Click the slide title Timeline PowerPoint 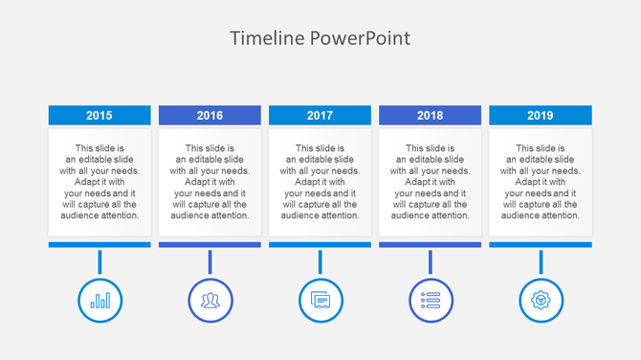320,38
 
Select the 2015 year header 99,115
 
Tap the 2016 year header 210,115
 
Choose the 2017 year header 320,115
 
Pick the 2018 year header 430,115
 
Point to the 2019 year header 540,115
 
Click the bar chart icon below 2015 99,300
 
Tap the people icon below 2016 210,300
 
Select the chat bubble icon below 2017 320,300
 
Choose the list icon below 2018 430,300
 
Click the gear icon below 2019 541,300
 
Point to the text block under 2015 99,182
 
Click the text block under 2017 320,182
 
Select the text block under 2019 540,182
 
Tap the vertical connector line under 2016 210,261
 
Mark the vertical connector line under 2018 430,261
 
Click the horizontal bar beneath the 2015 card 99,245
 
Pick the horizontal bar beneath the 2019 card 540,245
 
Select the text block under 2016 210,182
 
